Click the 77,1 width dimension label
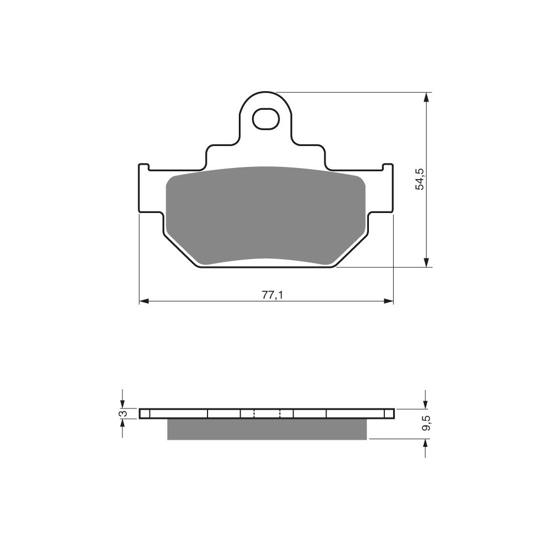tap(272, 295)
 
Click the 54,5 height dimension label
tap(419, 179)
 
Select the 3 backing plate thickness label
tap(123, 413)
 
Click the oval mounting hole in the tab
tap(266, 119)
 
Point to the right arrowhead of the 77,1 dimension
tap(389, 301)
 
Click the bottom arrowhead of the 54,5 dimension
tap(426, 262)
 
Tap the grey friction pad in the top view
tap(266, 215)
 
